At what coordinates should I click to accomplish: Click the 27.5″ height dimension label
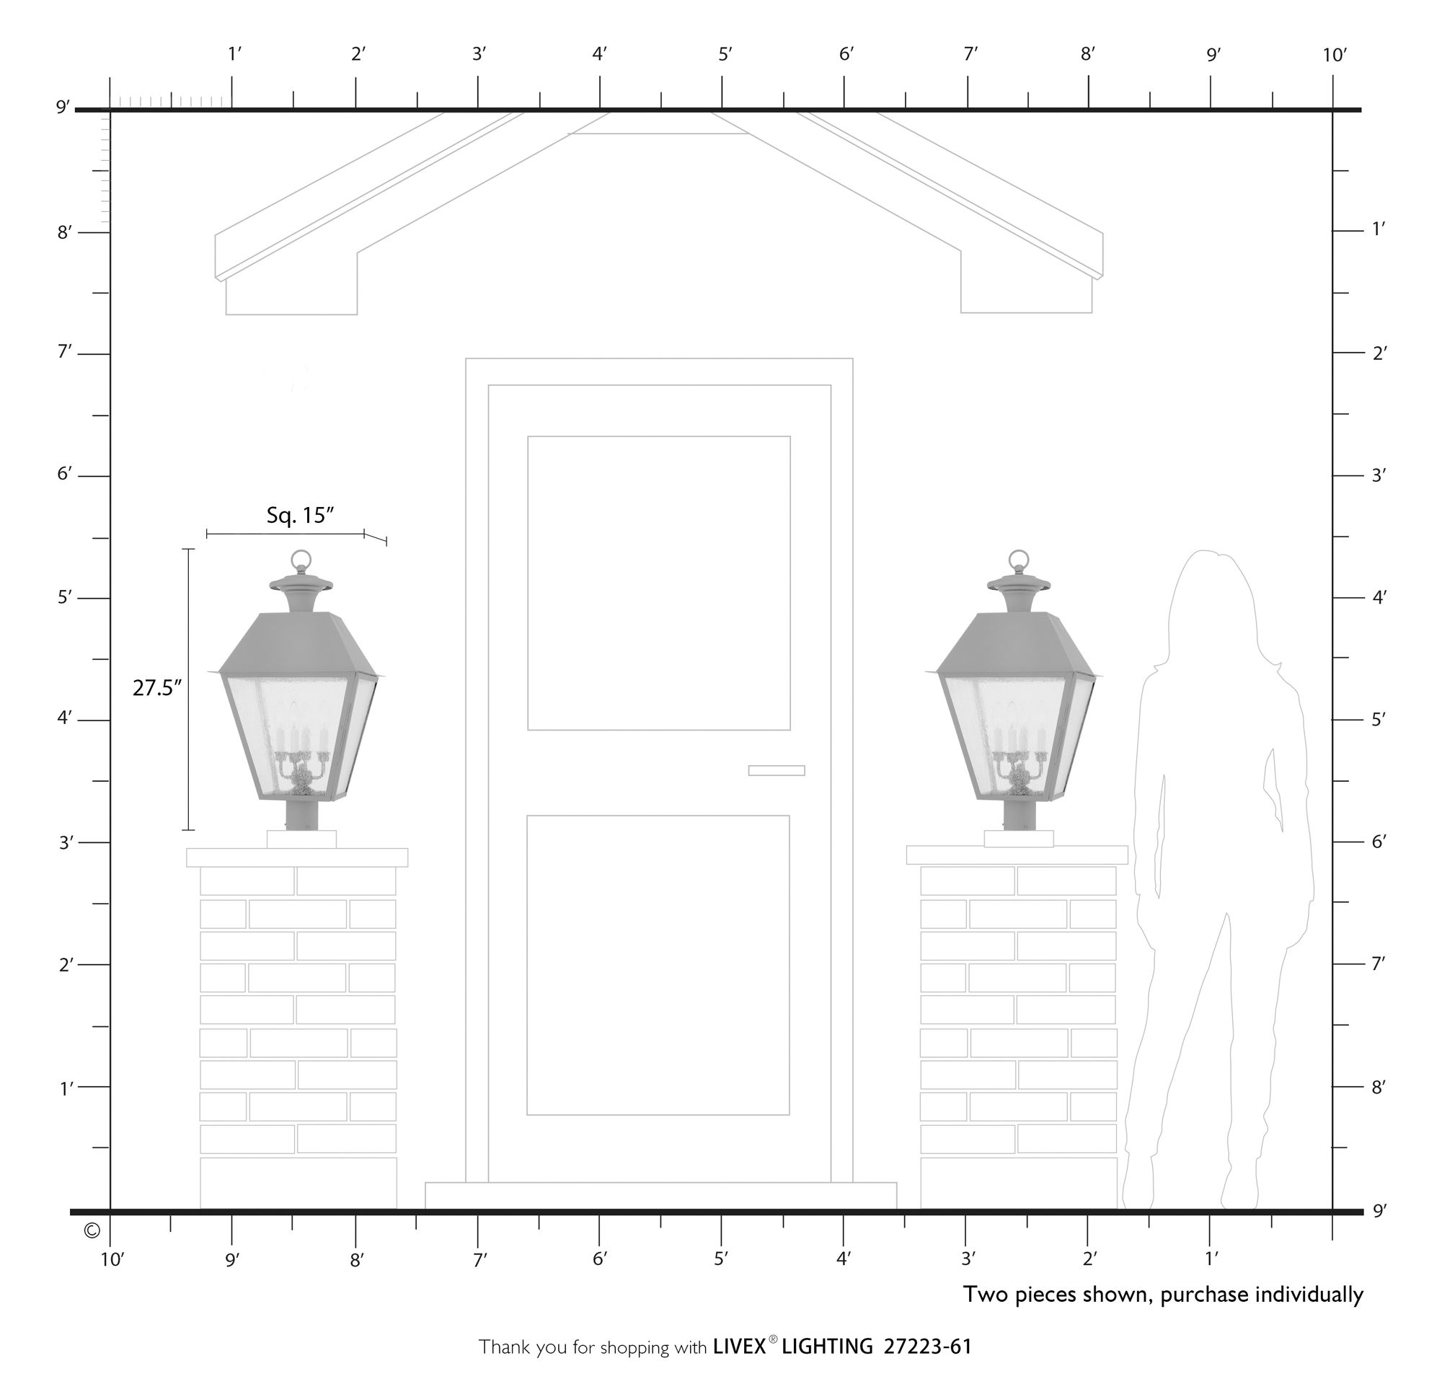click(x=156, y=687)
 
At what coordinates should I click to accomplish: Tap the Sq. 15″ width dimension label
click(x=300, y=516)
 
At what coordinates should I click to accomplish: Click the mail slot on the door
click(x=777, y=770)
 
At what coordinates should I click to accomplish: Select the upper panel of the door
click(x=658, y=583)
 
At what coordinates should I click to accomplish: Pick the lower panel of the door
click(x=658, y=964)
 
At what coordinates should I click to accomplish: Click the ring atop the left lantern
click(x=301, y=560)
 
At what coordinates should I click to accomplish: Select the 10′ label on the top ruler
click(x=1334, y=56)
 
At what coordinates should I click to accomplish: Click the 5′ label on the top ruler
click(x=725, y=55)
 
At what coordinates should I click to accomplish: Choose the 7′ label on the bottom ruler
click(x=479, y=1259)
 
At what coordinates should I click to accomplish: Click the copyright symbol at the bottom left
click(x=92, y=1230)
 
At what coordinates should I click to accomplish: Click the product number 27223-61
click(x=927, y=1347)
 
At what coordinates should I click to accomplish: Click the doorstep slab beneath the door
click(x=660, y=1194)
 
